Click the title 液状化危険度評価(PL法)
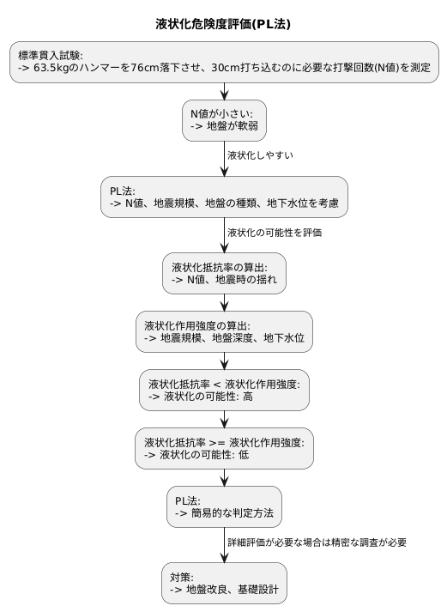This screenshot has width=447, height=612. (223, 24)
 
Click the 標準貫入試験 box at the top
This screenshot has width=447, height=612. (223, 61)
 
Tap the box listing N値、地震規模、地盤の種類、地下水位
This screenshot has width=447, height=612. (223, 197)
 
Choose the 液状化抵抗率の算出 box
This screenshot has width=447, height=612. (223, 273)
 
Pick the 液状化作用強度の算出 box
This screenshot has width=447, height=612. (223, 331)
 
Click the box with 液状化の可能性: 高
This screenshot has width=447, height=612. (223, 390)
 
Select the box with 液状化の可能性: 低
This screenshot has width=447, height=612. (223, 448)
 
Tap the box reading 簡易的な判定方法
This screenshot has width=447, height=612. (223, 506)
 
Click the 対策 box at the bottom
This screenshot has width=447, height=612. (223, 583)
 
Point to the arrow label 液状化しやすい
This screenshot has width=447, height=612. (260, 155)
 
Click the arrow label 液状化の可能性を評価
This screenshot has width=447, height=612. (275, 232)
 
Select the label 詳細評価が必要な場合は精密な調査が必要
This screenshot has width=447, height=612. (316, 542)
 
